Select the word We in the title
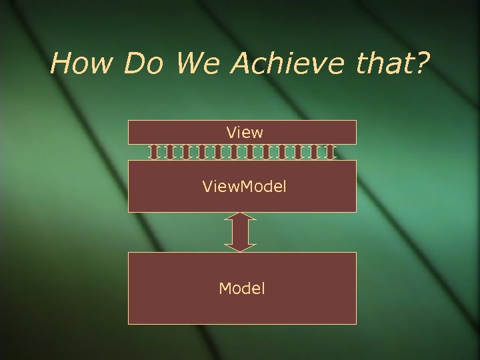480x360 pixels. click(198, 64)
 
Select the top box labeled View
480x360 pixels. click(242, 132)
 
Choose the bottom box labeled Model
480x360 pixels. click(242, 288)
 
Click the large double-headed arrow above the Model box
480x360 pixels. click(241, 232)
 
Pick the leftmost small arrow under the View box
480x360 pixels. click(154, 152)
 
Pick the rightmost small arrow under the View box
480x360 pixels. click(330, 152)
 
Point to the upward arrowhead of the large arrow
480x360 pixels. click(241, 217)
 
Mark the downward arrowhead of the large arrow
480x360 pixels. click(241, 247)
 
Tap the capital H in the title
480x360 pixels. click(61, 64)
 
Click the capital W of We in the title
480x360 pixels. click(190, 64)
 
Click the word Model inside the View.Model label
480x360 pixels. click(264, 187)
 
